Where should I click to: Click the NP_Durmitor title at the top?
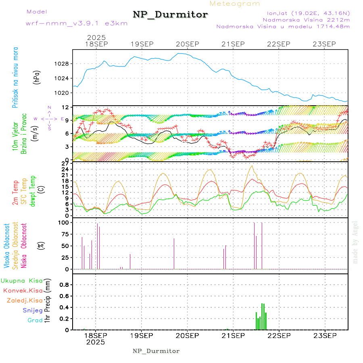(x=170, y=15)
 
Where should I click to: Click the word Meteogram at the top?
(x=235, y=4)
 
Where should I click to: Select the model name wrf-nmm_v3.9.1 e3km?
(x=76, y=23)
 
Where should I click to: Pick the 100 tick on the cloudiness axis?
(x=65, y=222)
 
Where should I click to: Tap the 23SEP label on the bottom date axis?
(x=325, y=335)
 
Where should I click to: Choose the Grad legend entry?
(x=35, y=321)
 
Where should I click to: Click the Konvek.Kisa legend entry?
(x=23, y=290)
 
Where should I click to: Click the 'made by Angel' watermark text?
(x=355, y=242)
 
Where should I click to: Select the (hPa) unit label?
(x=37, y=77)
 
